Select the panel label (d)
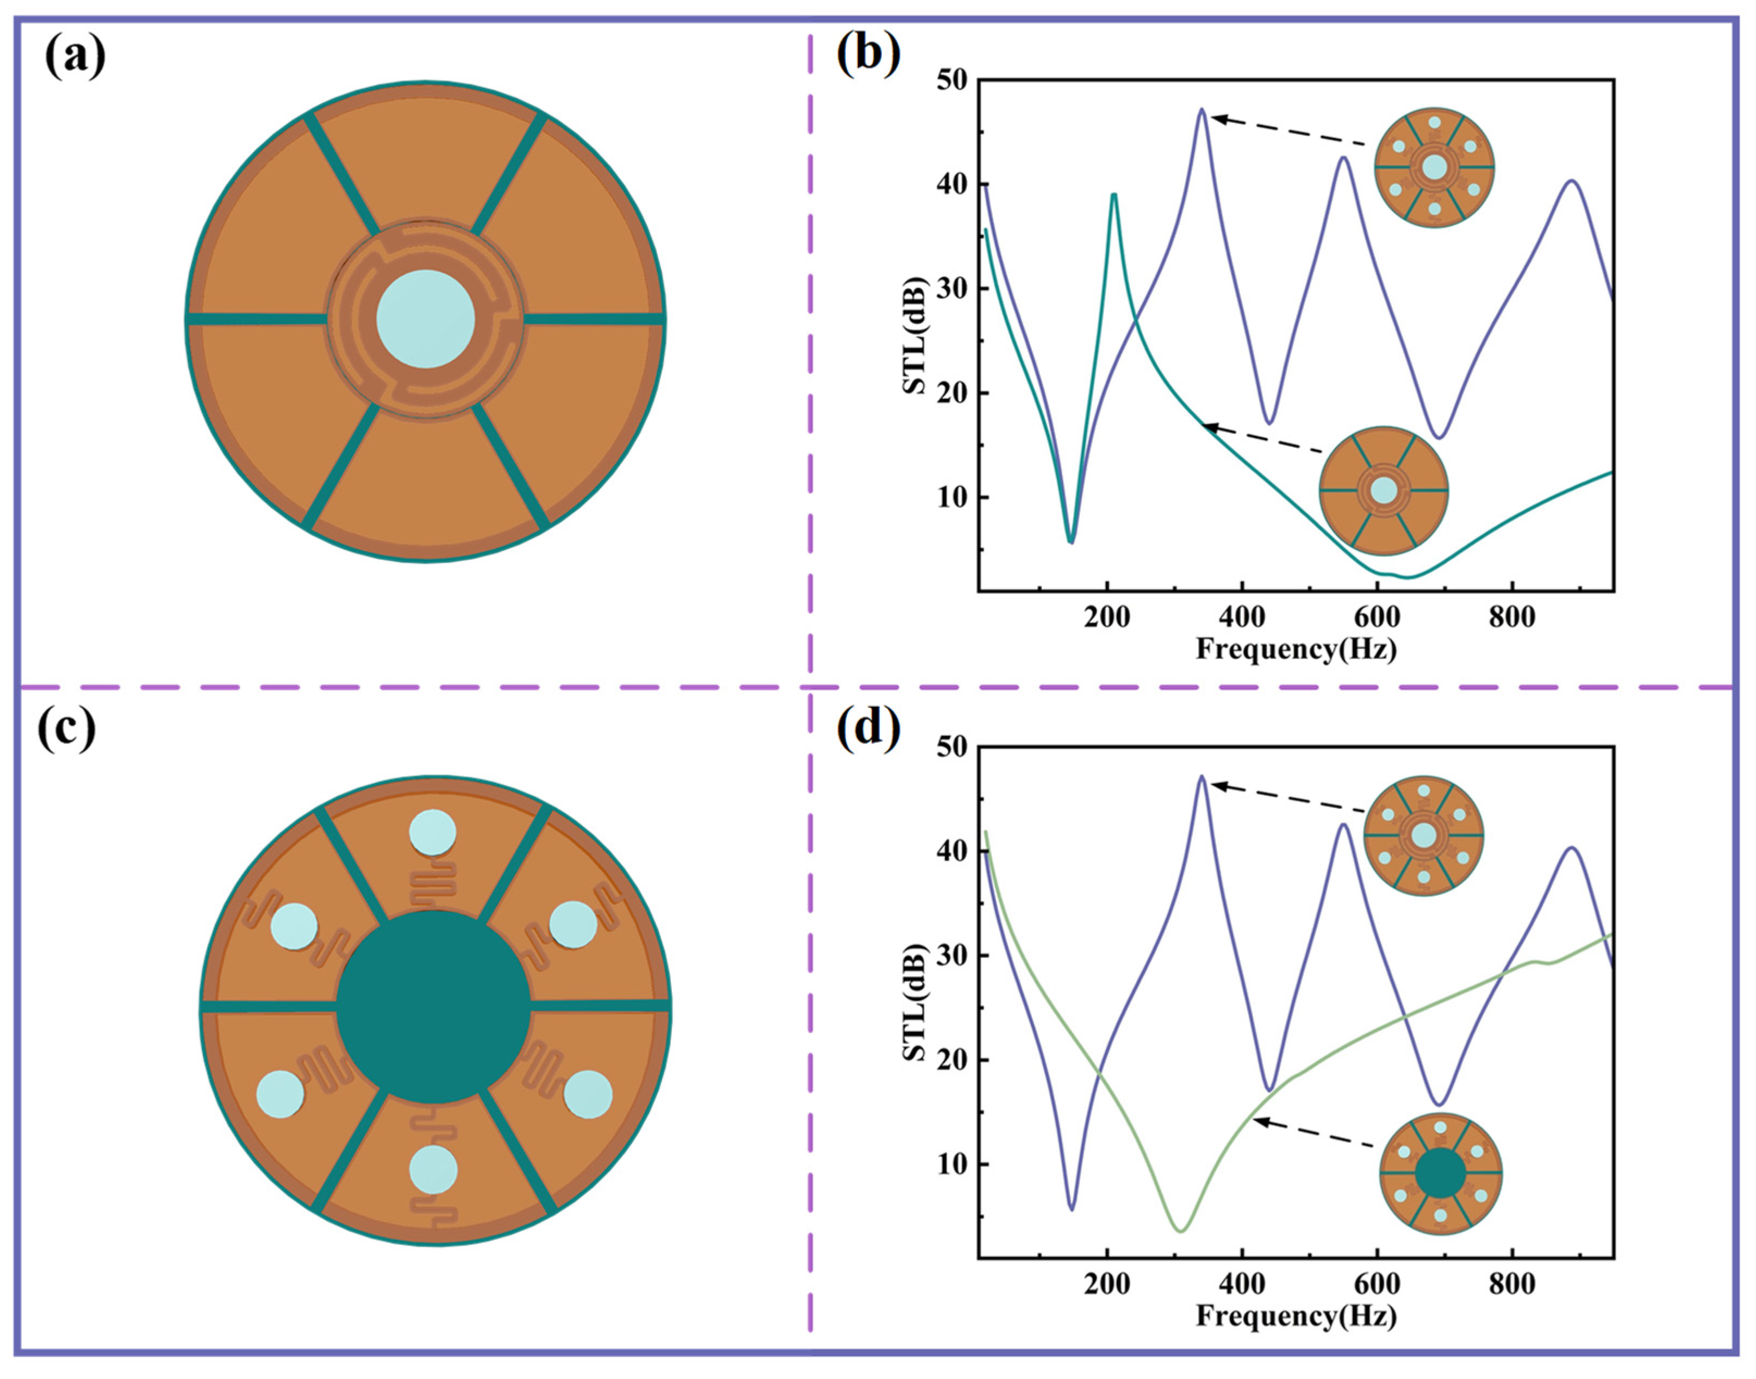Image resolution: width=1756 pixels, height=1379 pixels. tap(868, 728)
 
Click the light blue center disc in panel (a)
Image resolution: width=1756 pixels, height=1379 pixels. tap(426, 319)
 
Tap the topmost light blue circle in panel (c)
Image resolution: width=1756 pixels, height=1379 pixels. tap(433, 832)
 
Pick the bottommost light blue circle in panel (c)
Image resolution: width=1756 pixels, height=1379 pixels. tap(433, 1169)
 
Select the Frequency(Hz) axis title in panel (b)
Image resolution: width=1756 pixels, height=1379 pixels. tap(1297, 648)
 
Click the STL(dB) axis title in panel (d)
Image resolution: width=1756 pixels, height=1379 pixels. tap(915, 1002)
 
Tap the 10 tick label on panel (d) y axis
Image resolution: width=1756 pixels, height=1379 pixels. tap(952, 1164)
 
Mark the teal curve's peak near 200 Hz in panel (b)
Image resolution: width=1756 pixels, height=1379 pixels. tap(1113, 195)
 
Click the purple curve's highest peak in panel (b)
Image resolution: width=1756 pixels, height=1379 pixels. tap(1202, 109)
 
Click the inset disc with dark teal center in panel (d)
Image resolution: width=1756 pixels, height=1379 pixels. tap(1440, 1173)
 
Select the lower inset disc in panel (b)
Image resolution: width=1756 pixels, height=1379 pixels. tap(1384, 490)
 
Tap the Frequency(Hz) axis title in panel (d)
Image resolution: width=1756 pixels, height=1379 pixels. tap(1297, 1316)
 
